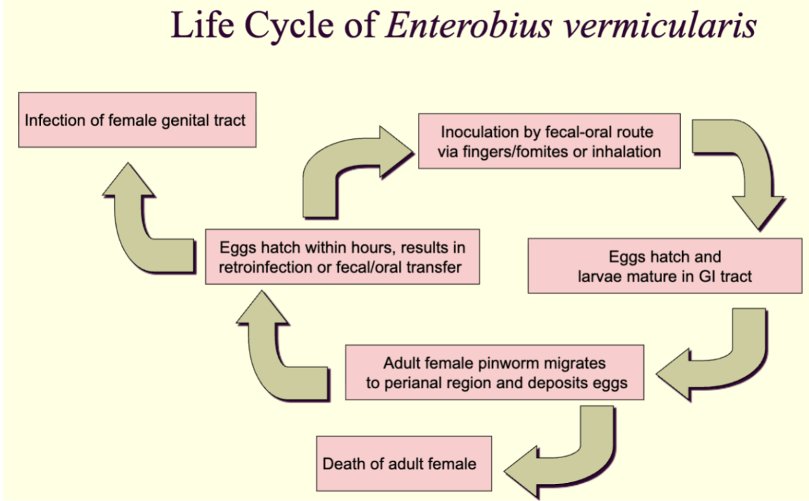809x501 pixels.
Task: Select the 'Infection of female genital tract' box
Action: tap(138, 120)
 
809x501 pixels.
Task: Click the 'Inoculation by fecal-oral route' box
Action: tap(549, 141)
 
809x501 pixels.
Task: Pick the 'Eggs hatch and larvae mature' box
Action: tap(665, 266)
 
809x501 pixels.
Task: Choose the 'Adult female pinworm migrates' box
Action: tap(494, 372)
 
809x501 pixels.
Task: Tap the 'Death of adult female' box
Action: tap(404, 463)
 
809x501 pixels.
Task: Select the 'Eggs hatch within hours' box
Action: tap(342, 257)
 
